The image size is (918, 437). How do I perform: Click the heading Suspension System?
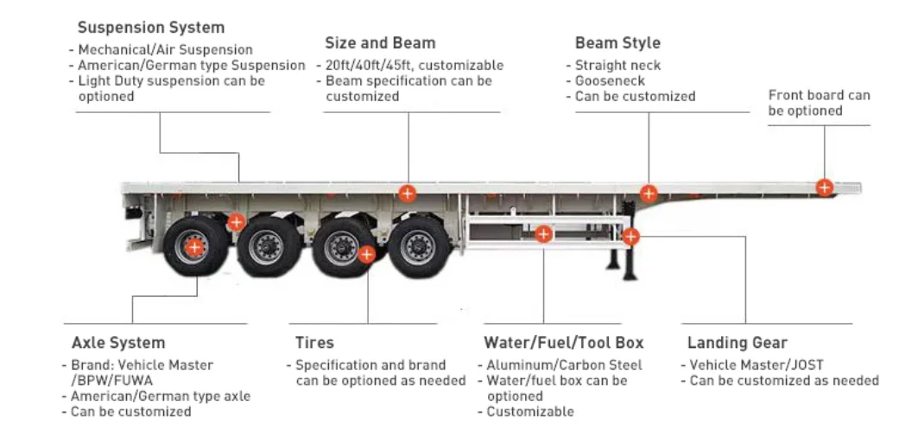(150, 28)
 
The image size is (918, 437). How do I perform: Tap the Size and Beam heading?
(380, 42)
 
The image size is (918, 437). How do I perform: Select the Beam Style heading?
(617, 42)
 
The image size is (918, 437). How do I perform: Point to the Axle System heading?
(117, 343)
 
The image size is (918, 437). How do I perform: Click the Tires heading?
(313, 343)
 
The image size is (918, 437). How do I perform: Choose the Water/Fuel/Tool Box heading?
(563, 343)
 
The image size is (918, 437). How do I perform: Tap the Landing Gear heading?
(737, 343)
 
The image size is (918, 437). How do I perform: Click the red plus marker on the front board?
(825, 187)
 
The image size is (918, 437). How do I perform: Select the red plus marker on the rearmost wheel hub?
(195, 247)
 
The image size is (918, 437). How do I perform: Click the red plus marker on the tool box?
(543, 234)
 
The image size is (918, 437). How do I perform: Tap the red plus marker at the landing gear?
(631, 236)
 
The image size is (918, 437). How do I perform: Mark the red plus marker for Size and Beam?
(407, 193)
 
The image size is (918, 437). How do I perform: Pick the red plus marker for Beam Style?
(649, 193)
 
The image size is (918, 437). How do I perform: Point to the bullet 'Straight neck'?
(617, 66)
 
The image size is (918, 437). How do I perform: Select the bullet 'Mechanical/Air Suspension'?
(165, 50)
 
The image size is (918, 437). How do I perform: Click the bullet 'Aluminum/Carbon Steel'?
(564, 365)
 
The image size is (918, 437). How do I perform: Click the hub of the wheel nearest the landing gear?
(418, 246)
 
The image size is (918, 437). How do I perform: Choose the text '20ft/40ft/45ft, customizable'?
(415, 66)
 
